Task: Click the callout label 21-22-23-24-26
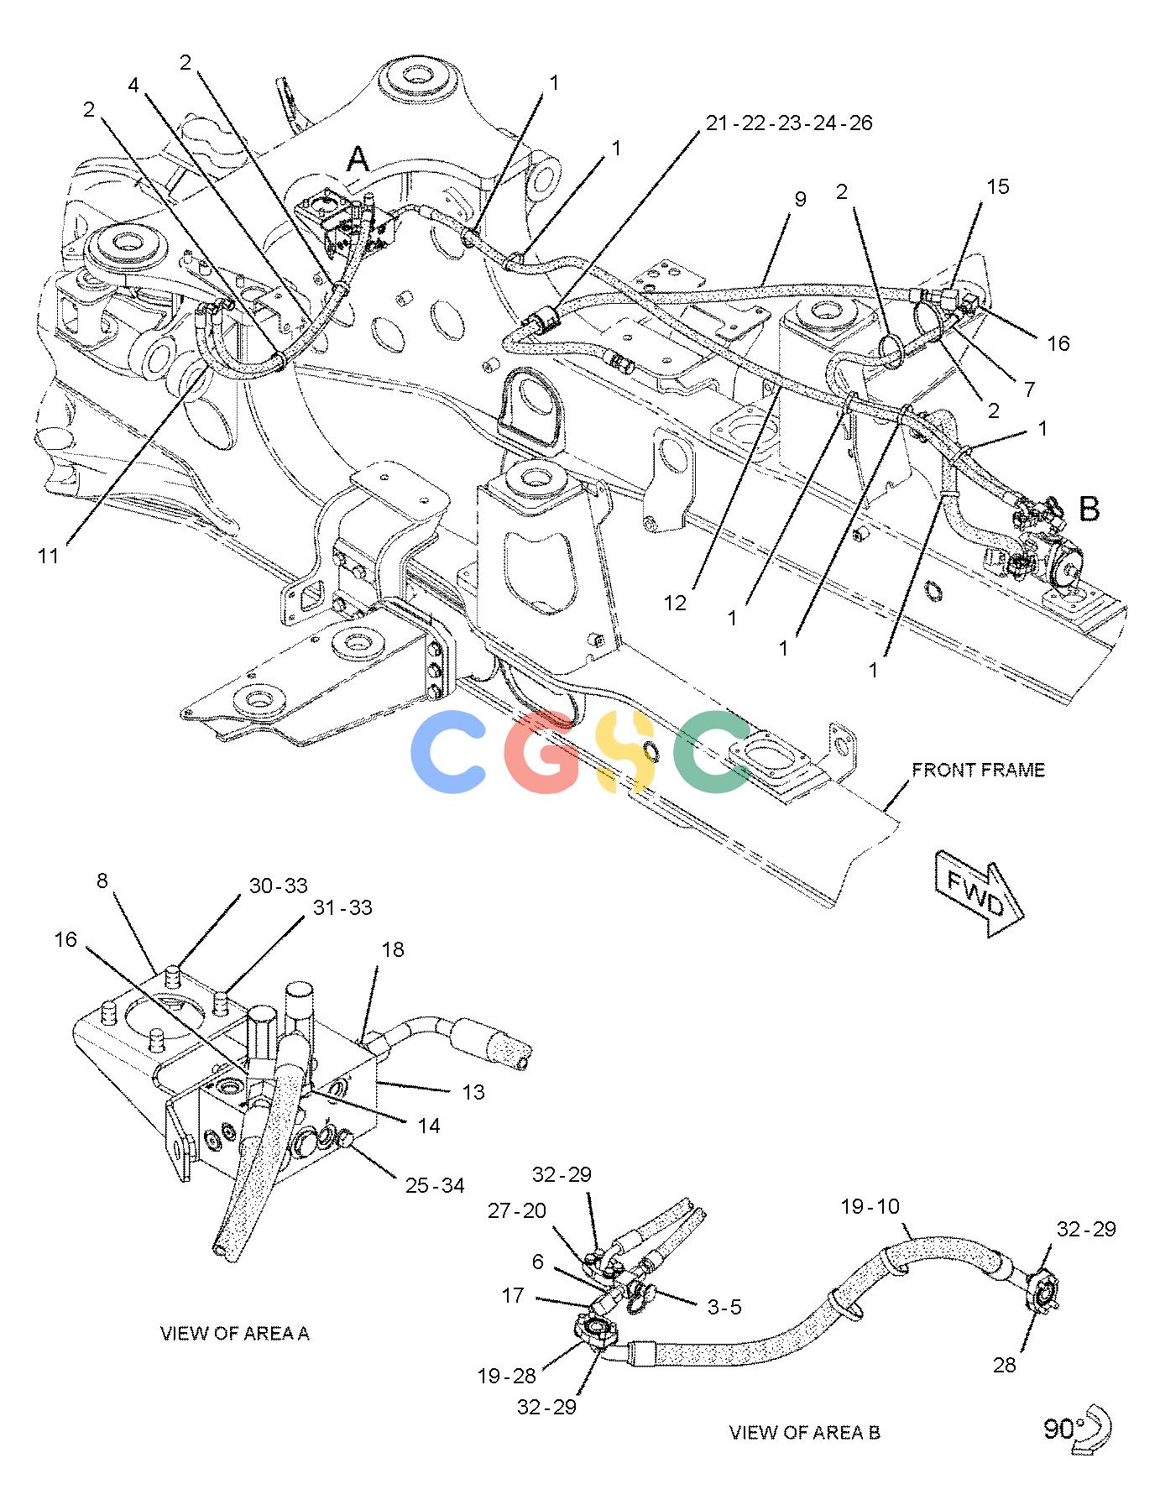tap(788, 123)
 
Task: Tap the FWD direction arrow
tap(977, 891)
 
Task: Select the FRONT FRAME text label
tap(978, 770)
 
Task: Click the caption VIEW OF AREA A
tap(234, 1333)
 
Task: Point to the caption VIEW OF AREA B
tap(804, 1432)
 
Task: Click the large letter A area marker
tap(358, 159)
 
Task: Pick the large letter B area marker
tap(1089, 509)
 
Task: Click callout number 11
tap(50, 555)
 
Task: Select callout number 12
tap(675, 603)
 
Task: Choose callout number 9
tap(800, 199)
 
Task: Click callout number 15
tap(997, 186)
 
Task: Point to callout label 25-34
tap(435, 1185)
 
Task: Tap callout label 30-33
tap(278, 886)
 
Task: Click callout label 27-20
tap(517, 1210)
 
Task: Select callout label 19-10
tap(870, 1206)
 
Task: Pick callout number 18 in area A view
tap(392, 949)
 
